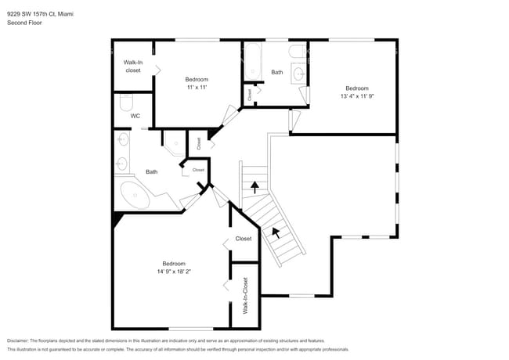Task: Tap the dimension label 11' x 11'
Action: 197,88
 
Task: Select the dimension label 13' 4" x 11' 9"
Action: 357,97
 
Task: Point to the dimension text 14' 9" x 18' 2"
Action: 174,272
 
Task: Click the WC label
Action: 135,116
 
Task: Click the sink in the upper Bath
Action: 298,74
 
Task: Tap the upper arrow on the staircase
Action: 254,187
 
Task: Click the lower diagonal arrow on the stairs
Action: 275,232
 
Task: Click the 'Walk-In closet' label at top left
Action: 133,66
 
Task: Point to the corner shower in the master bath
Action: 174,142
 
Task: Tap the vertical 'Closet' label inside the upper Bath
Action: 250,95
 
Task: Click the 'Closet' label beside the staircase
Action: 244,239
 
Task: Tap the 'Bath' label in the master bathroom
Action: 151,172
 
